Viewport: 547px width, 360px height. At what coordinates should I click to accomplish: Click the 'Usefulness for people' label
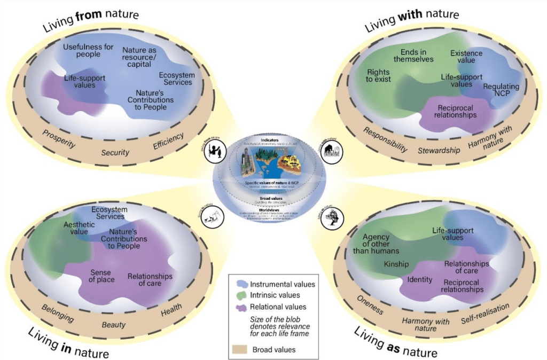(88, 51)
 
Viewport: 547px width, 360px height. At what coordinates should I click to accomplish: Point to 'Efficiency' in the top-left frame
(168, 142)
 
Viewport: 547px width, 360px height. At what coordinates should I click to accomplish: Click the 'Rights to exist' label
(379, 76)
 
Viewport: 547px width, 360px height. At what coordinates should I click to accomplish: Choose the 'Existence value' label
(466, 57)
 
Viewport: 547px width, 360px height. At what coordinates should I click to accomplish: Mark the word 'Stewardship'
(439, 150)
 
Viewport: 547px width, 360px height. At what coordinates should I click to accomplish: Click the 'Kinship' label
(396, 264)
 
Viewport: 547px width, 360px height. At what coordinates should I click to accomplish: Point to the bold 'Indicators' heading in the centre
(273, 140)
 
